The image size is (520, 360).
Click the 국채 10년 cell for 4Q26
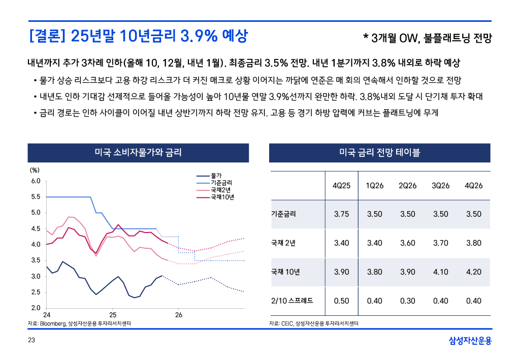(473, 272)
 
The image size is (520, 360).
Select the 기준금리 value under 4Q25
(341, 214)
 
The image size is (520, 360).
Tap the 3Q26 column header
(440, 186)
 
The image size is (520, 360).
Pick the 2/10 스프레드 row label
(292, 301)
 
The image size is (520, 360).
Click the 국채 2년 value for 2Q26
(407, 243)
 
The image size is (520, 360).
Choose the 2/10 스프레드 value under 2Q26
(407, 301)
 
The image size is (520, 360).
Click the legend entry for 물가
(216, 176)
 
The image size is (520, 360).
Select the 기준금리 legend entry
(221, 183)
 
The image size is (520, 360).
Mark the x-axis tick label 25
(113, 315)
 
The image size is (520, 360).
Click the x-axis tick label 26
(179, 315)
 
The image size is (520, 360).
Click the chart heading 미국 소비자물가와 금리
(138, 152)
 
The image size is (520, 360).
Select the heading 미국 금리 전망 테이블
(379, 152)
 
